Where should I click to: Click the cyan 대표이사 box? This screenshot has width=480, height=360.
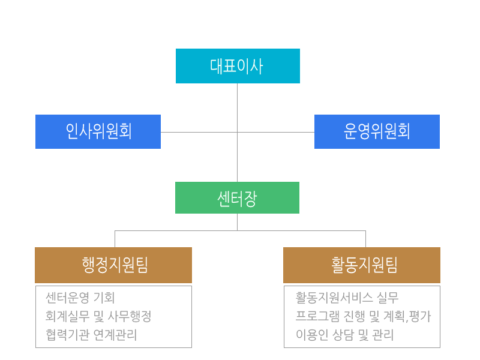(x=238, y=66)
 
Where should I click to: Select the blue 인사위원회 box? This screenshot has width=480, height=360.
(x=98, y=131)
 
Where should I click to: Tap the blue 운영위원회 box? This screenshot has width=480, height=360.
(x=377, y=131)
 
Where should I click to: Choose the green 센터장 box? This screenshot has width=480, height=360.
(x=237, y=197)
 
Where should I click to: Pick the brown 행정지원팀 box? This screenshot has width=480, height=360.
(x=113, y=265)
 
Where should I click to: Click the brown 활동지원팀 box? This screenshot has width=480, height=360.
(x=362, y=265)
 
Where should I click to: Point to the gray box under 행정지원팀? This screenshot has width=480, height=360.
(x=113, y=317)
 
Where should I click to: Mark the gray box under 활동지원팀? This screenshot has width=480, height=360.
(x=362, y=317)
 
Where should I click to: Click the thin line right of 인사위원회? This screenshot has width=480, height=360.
(x=191, y=132)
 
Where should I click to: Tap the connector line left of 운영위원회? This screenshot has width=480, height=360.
(x=282, y=133)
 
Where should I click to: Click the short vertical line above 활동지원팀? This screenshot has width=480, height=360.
(x=365, y=239)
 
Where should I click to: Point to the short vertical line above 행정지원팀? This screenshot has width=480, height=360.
(x=115, y=239)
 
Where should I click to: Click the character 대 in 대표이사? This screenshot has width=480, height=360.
(x=217, y=66)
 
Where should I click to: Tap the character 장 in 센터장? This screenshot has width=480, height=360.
(x=250, y=198)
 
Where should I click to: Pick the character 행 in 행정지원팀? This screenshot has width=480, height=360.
(x=89, y=265)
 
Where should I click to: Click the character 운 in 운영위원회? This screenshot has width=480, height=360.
(x=351, y=131)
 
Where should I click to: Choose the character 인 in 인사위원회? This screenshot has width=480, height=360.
(x=72, y=131)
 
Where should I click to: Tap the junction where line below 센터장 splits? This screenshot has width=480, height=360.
(x=238, y=231)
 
